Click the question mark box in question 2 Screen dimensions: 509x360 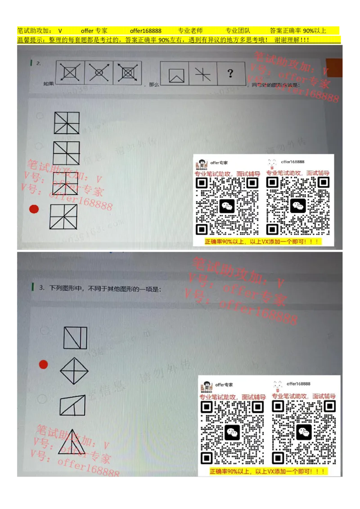click(231, 73)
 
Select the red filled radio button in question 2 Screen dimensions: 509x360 click(33, 209)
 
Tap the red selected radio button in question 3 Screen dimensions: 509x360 click(43, 364)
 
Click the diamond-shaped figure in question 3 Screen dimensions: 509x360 click(74, 371)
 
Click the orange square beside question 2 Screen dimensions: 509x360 click(335, 67)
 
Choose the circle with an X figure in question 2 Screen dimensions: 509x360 click(99, 72)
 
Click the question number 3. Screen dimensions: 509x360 click(41, 288)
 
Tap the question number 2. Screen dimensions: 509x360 click(39, 63)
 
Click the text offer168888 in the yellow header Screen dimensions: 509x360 click(145, 31)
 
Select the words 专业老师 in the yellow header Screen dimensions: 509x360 click(190, 31)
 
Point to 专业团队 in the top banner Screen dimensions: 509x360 click(238, 31)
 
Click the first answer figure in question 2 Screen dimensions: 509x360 click(67, 123)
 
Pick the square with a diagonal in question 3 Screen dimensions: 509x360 click(75, 338)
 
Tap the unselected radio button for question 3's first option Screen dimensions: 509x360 click(44, 330)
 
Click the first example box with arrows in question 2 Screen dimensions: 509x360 click(70, 72)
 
